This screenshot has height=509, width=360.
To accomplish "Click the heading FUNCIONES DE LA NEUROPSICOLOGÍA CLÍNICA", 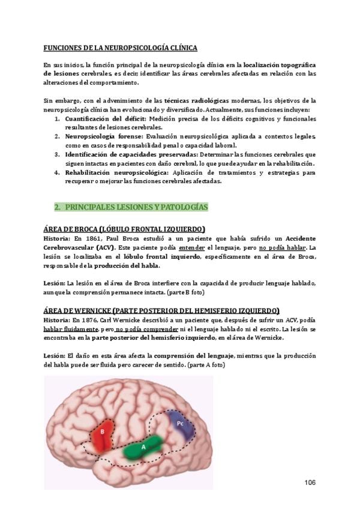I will click(120, 47).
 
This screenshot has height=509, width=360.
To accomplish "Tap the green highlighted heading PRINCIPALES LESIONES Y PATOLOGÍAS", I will click(136, 207).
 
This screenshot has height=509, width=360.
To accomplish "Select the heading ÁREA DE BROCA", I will click(124, 229).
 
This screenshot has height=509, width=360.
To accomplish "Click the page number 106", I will click(310, 483).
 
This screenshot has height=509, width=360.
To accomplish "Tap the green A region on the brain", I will click(143, 447).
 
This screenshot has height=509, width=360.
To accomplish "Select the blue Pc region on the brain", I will click(179, 424).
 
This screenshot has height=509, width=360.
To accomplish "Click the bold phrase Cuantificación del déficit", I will click(98, 119).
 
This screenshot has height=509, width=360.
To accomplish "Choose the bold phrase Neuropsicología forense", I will click(96, 136).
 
